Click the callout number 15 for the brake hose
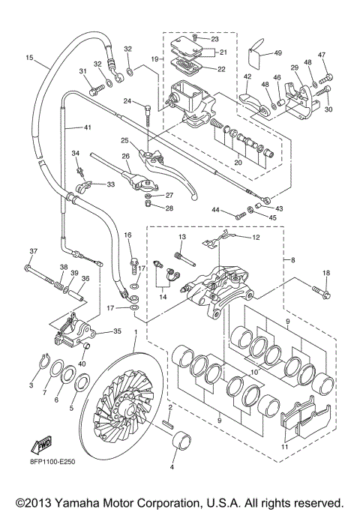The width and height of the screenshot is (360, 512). click(29, 58)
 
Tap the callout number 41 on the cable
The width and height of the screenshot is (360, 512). click(88, 128)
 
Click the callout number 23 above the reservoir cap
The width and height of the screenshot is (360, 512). click(214, 38)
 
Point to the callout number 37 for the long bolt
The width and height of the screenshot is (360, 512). click(32, 250)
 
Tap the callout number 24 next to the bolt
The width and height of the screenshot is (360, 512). click(127, 100)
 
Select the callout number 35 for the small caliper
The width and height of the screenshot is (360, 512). click(116, 331)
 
